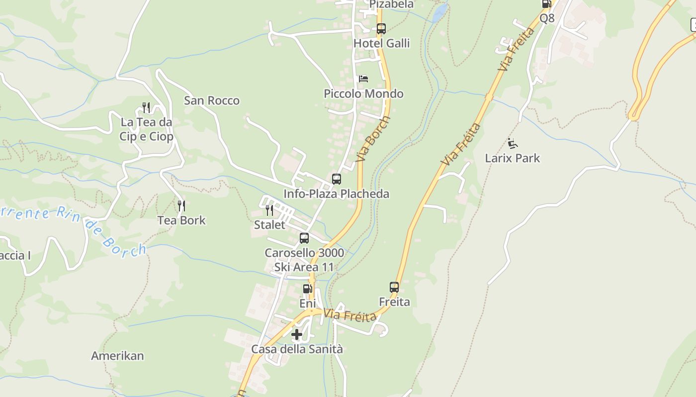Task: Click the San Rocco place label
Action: (x=212, y=101)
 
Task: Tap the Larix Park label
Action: (x=512, y=158)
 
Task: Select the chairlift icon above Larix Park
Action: (x=513, y=143)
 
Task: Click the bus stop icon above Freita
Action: (x=394, y=287)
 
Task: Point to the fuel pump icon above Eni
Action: (x=307, y=289)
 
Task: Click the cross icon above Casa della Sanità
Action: (x=297, y=334)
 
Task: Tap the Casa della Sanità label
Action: (x=297, y=349)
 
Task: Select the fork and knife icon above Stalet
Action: (x=269, y=210)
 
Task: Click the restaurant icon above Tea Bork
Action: (x=181, y=205)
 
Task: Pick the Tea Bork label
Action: (x=181, y=220)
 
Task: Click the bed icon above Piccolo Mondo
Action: (x=363, y=79)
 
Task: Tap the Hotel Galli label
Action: (x=381, y=44)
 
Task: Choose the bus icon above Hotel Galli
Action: (x=381, y=29)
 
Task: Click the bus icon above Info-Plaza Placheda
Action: (x=337, y=179)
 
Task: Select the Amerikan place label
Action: (x=117, y=356)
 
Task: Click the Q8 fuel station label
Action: (x=547, y=18)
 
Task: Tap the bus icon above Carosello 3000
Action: (x=304, y=238)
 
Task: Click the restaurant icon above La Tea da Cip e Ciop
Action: (x=146, y=107)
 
